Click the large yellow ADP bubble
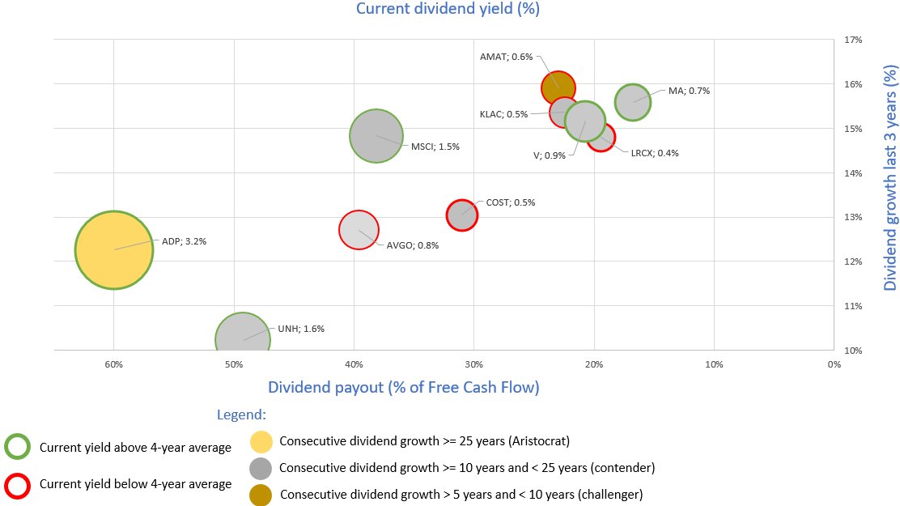[114, 250]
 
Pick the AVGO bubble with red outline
[359, 230]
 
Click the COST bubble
[461, 215]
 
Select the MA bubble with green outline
[632, 102]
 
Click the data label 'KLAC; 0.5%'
[503, 114]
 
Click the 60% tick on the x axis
[113, 364]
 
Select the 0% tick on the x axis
[834, 364]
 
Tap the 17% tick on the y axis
[853, 39]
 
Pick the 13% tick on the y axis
[853, 217]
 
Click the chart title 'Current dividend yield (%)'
[448, 9]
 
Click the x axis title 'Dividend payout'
[403, 387]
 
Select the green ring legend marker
[18, 447]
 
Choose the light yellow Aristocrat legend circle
[261, 442]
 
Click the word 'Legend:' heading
[241, 415]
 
